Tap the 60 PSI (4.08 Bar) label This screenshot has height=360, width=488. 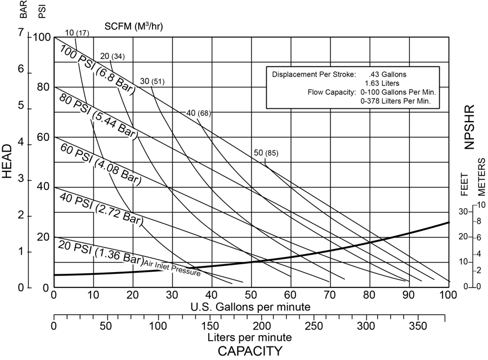[x=100, y=164]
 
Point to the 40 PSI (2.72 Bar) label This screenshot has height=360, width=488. [x=99, y=208]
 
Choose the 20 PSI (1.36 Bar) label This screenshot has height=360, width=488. [x=100, y=253]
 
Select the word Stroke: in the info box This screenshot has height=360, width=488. [x=343, y=74]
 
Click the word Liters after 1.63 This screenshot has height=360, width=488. [x=390, y=83]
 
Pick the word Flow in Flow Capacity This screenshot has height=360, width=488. [x=316, y=92]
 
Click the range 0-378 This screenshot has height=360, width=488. [x=370, y=101]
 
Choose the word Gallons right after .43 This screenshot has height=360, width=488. [x=394, y=74]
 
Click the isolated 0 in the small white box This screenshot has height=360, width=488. [x=261, y=153]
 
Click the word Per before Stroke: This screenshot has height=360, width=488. [x=325, y=74]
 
